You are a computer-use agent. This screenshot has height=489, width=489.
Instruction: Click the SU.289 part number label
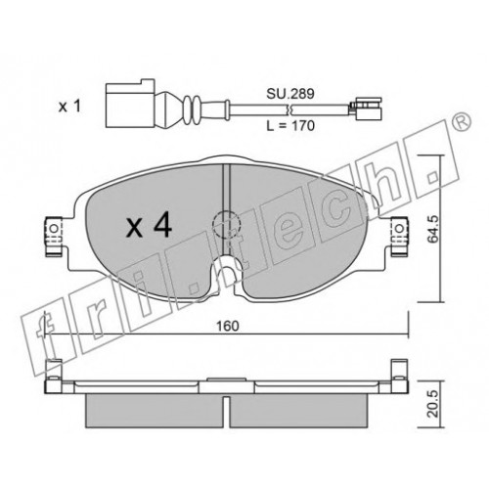pyautogui.click(x=290, y=94)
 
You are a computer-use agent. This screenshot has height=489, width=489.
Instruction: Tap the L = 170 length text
pyautogui.click(x=290, y=125)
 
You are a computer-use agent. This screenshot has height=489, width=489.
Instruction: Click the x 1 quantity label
pyautogui.click(x=69, y=107)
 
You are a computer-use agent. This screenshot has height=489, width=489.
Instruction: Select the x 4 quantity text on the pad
pyautogui.click(x=149, y=225)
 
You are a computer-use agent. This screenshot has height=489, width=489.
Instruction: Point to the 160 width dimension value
pyautogui.click(x=228, y=326)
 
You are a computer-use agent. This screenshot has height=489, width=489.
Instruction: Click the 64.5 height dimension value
pyautogui.click(x=433, y=229)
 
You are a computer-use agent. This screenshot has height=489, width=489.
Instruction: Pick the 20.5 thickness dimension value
pyautogui.click(x=433, y=403)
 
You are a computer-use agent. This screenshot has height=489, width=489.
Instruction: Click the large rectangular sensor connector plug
pyautogui.click(x=130, y=103)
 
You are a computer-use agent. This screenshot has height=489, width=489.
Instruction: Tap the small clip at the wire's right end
pyautogui.click(x=366, y=108)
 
